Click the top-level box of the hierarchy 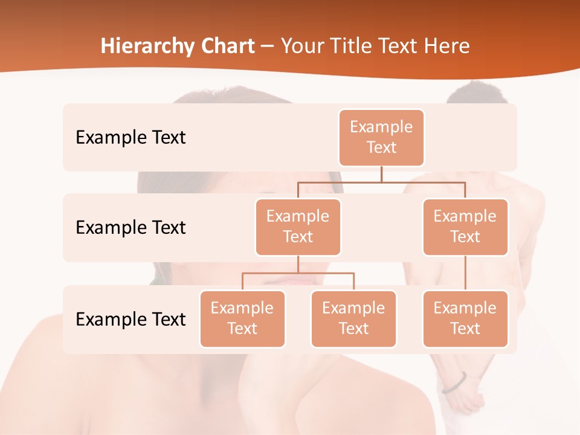(x=381, y=137)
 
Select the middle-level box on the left (x=298, y=227)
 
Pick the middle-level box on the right (x=465, y=227)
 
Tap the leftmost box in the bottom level (x=242, y=318)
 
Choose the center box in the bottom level (x=353, y=318)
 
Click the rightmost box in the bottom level (x=465, y=318)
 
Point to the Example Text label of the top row (x=130, y=137)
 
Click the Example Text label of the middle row (x=130, y=227)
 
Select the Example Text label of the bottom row (x=130, y=319)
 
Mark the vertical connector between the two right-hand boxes (x=465, y=272)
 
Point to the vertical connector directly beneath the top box (x=381, y=174)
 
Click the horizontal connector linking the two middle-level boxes (x=381, y=181)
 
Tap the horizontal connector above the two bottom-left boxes (x=298, y=273)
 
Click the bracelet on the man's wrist (x=454, y=383)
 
